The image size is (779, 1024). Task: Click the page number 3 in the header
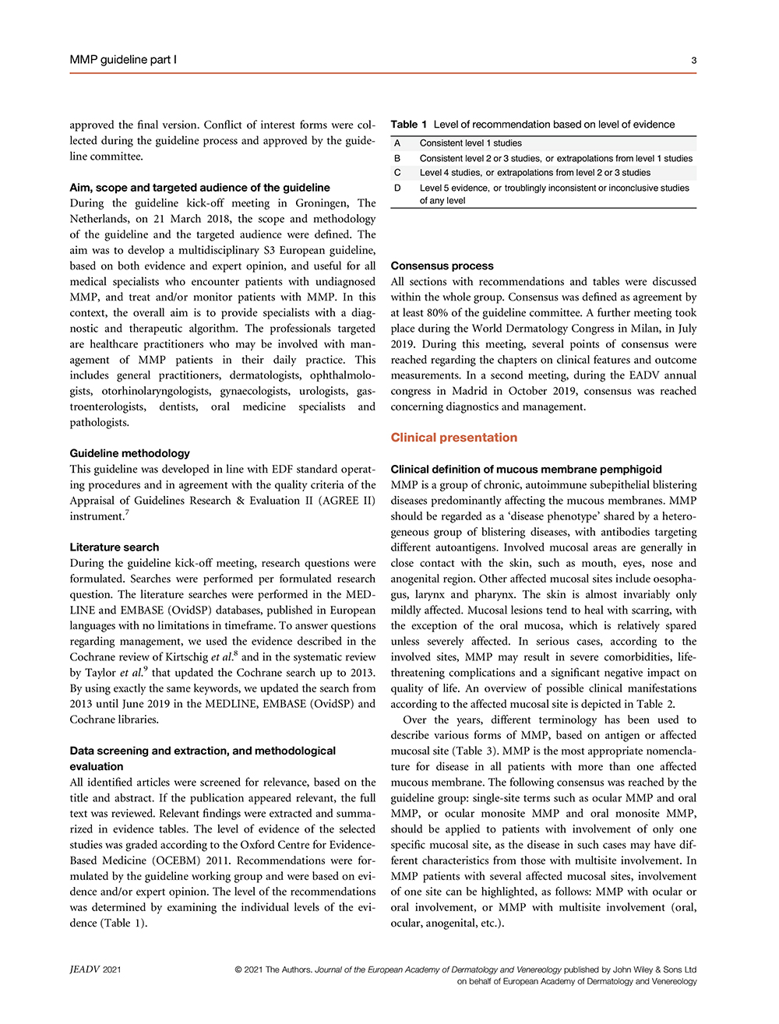coord(693,60)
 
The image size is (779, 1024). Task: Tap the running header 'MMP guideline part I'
coord(123,60)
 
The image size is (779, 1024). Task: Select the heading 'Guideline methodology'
coord(129,453)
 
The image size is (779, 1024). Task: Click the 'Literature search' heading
coord(114,547)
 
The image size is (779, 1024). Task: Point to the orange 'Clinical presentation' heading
coord(453,438)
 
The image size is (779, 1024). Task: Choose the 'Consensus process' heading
coord(442,266)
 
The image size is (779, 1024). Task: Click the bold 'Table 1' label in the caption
coord(409,125)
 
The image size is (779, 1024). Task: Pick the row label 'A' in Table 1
coord(397,143)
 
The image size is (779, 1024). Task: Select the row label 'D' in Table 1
coord(397,188)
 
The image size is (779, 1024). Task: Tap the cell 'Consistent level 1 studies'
coord(471,143)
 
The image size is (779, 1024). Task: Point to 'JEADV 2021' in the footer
coord(95,969)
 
